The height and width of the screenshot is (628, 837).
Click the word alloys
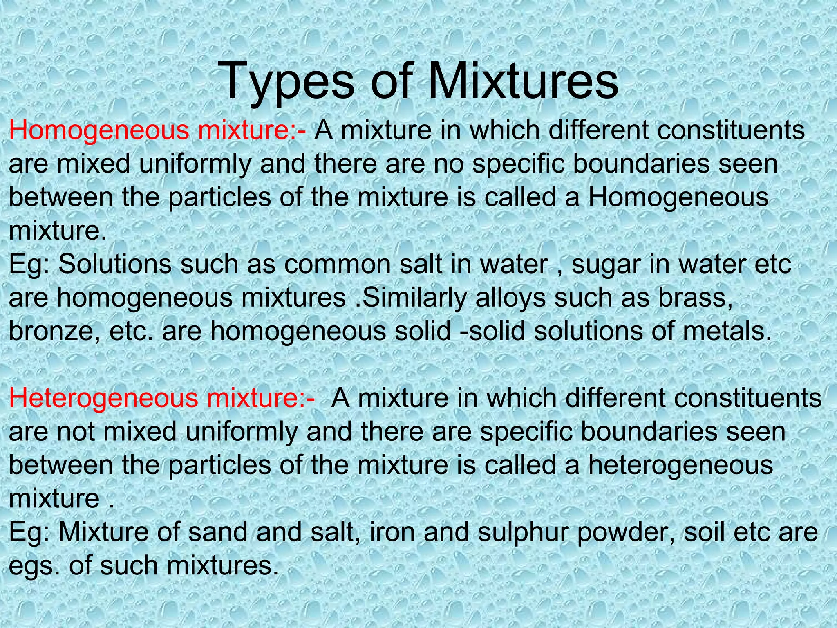511,298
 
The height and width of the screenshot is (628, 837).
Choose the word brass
695,298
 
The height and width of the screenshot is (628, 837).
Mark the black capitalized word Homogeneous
678,197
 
